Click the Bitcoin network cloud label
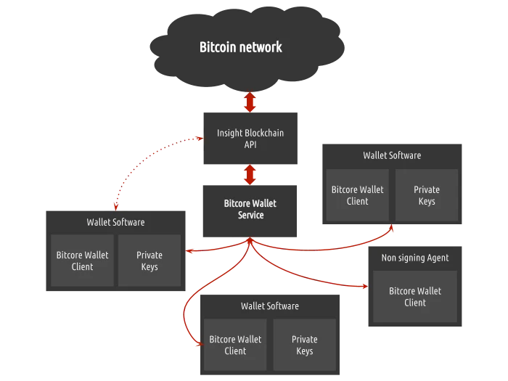[241, 48]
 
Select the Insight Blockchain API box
[250, 139]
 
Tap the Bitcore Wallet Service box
[250, 209]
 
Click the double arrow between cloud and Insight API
[250, 102]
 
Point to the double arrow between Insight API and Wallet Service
[250, 174]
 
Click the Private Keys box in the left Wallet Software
[149, 261]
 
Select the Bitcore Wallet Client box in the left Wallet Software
[83, 261]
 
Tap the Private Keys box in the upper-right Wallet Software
[427, 195]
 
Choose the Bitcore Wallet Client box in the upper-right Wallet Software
[358, 195]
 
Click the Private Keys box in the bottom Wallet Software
[305, 345]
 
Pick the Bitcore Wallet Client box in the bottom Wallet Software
[235, 345]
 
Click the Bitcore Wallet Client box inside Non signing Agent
[415, 296]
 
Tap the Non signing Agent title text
[415, 258]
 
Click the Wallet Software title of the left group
[115, 222]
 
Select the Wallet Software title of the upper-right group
[392, 155]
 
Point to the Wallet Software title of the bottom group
[270, 306]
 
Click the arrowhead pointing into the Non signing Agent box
[363, 287]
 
